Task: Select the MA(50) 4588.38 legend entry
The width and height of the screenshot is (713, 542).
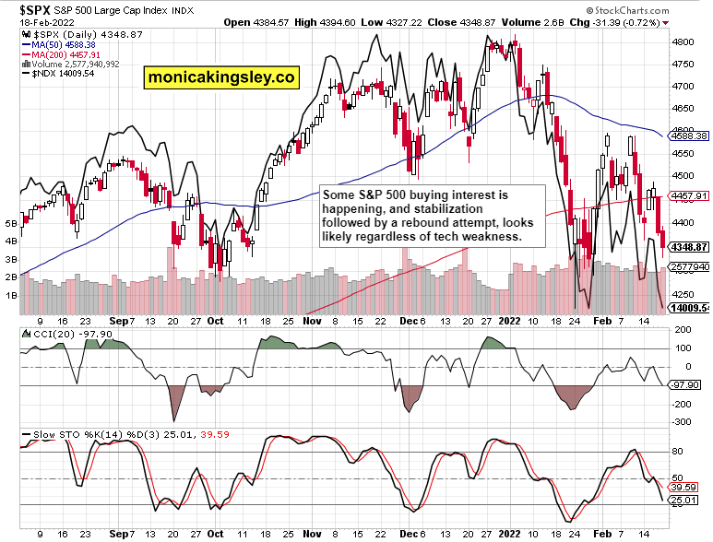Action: pyautogui.click(x=58, y=43)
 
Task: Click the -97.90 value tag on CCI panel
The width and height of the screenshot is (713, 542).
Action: pyautogui.click(x=685, y=384)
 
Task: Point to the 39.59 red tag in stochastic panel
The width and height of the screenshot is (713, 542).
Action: pyautogui.click(x=684, y=487)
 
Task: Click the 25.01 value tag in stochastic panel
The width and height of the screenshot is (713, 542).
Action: pyautogui.click(x=684, y=501)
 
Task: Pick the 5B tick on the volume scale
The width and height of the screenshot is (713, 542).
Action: pyautogui.click(x=11, y=223)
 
